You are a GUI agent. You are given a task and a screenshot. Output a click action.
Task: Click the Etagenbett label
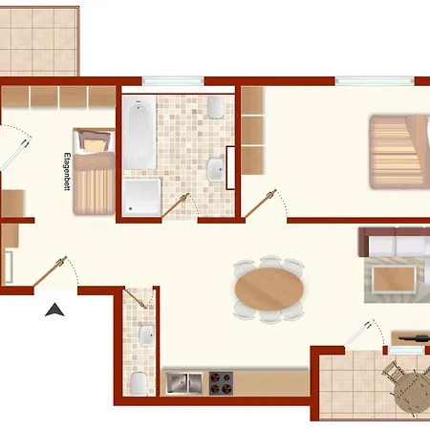tap(67, 172)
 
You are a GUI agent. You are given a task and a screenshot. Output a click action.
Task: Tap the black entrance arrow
tap(54, 310)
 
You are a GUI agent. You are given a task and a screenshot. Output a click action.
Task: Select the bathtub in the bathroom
tap(140, 132)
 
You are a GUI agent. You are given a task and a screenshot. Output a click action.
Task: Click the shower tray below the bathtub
tap(142, 197)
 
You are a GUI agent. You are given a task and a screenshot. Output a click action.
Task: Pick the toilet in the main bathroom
tap(216, 107)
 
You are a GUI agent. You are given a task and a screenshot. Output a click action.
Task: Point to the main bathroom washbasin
tap(216, 170)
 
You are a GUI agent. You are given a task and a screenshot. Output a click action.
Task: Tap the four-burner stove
tap(221, 383)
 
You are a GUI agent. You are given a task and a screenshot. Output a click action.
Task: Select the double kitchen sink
tap(184, 383)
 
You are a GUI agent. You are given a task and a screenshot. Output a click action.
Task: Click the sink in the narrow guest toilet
tap(147, 335)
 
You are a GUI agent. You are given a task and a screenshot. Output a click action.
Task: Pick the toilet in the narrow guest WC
tap(139, 384)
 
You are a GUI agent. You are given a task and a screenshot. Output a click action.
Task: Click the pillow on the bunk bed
tap(95, 145)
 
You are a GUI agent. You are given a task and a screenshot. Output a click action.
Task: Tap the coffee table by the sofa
tap(395, 279)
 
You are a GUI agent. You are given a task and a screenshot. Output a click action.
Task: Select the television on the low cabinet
tap(414, 338)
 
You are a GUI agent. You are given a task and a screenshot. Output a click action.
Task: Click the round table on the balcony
tap(412, 393)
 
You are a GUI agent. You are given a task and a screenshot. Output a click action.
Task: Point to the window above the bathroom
tap(173, 81)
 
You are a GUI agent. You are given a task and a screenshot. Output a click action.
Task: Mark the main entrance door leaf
tap(51, 271)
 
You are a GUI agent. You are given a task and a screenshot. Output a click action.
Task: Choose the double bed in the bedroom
tap(399, 152)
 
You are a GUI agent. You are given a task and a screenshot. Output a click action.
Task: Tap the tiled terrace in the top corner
tap(38, 41)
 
